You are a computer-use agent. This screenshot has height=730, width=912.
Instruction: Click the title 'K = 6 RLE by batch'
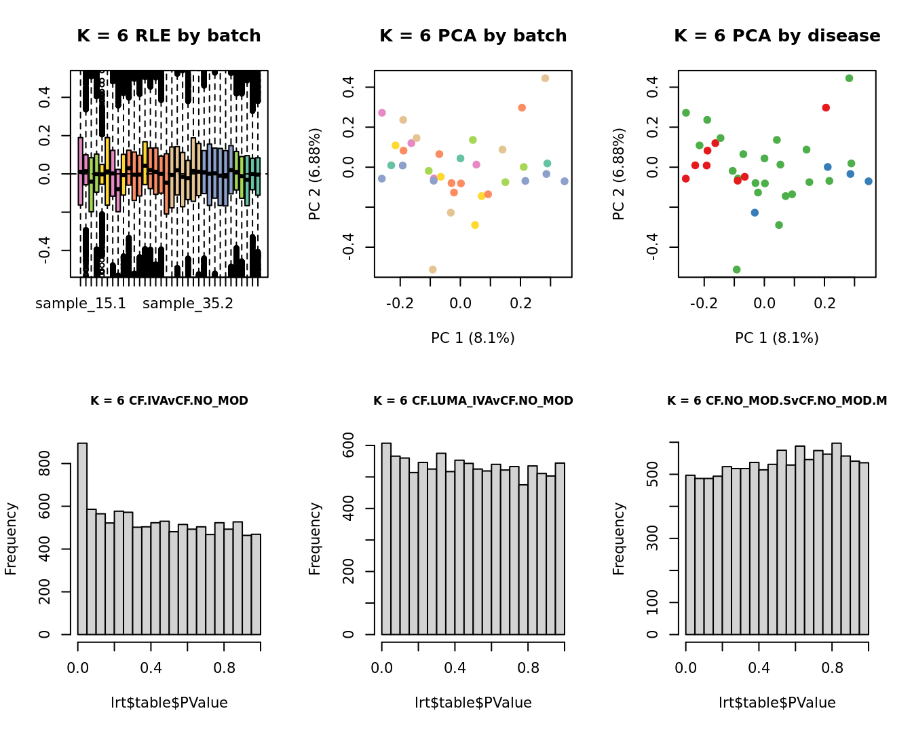[169, 36]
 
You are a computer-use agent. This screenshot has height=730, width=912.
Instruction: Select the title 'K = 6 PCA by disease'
[777, 36]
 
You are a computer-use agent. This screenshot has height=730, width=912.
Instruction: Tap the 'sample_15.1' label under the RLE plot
[81, 304]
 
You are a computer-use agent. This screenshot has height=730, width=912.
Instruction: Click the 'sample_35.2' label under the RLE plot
[188, 304]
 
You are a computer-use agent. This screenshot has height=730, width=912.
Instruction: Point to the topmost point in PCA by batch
[545, 79]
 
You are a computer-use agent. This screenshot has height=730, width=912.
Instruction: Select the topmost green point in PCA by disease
[849, 79]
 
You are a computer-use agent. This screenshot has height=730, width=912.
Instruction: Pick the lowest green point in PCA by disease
[737, 270]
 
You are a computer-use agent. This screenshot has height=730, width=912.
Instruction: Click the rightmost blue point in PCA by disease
[869, 181]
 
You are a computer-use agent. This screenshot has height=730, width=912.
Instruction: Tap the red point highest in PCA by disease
[826, 108]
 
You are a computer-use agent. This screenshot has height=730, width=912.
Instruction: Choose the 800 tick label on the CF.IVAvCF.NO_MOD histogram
[45, 464]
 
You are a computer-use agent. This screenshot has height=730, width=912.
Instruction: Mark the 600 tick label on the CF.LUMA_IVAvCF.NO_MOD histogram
[349, 445]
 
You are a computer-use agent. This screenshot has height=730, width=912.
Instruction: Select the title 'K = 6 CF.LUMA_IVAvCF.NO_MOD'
[473, 401]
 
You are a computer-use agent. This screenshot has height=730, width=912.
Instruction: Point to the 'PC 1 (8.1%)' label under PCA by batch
[473, 337]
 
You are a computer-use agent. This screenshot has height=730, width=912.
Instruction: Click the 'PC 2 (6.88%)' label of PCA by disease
[618, 174]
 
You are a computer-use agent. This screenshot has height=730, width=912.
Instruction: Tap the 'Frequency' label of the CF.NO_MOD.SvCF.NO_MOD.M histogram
[618, 539]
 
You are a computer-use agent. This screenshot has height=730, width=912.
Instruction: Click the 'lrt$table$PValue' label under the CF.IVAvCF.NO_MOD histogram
[169, 703]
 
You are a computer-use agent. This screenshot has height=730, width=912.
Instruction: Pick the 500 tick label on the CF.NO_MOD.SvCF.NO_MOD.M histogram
[653, 474]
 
